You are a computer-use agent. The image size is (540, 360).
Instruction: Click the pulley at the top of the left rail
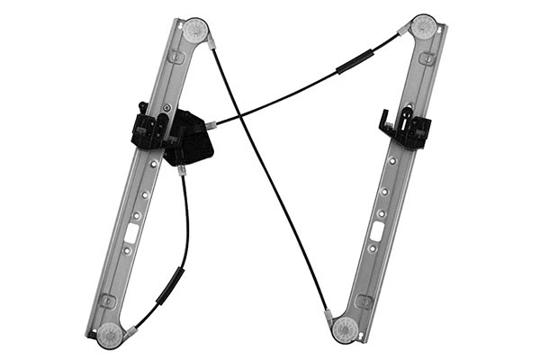click(x=195, y=30)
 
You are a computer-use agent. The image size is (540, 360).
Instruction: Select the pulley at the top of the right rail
click(x=424, y=26)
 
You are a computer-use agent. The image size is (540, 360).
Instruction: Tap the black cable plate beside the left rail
click(x=191, y=139)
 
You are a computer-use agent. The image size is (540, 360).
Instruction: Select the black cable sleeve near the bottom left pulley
click(x=169, y=285)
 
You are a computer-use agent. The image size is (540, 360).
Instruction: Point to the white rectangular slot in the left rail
click(x=131, y=232)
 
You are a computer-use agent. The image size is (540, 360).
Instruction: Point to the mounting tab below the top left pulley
click(x=177, y=58)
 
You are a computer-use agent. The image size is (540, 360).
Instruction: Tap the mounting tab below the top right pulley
click(x=425, y=58)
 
